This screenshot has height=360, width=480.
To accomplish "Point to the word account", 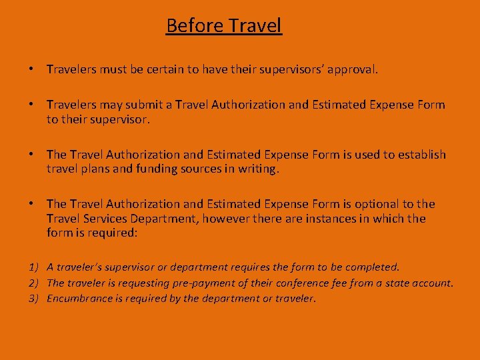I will (x=431, y=283).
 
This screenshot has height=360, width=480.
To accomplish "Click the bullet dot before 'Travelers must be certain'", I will (x=31, y=69).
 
